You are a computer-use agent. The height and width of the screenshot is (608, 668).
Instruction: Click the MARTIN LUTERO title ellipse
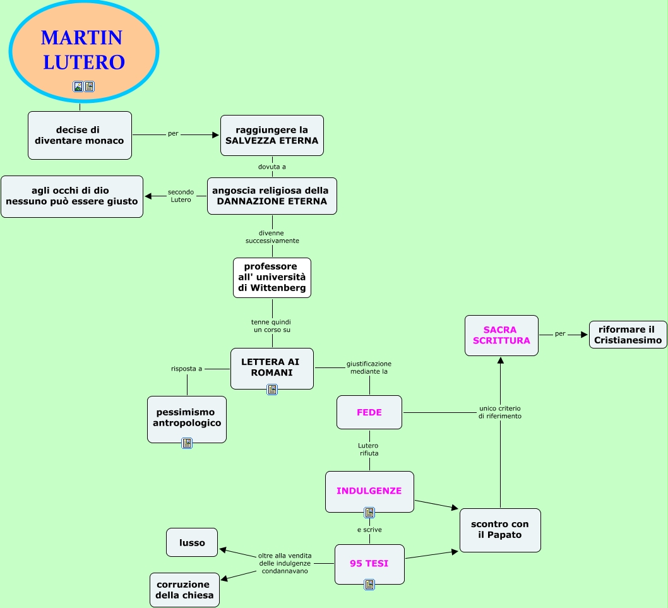coord(83,51)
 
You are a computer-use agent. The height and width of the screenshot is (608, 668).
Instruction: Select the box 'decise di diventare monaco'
coord(80,135)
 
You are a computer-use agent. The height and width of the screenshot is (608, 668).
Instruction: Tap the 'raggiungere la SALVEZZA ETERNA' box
coord(271,135)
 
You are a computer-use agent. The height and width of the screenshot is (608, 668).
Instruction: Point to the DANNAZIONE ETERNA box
coord(271,196)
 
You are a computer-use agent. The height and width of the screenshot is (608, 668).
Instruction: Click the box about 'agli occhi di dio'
coord(72,196)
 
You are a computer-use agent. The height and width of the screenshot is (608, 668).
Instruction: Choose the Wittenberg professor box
coord(271,277)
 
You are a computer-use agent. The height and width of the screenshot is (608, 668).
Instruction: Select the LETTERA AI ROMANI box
coord(271,367)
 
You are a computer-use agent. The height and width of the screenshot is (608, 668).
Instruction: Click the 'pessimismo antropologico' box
coord(187,418)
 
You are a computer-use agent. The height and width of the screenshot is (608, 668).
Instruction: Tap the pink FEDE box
coord(369,412)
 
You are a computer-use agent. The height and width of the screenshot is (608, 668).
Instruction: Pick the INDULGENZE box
coord(369,491)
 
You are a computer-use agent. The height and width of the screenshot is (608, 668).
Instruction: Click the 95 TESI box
coord(369,563)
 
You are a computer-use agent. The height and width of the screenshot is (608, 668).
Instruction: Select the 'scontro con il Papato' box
coord(500,530)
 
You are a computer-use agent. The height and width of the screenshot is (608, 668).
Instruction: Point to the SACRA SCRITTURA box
coord(501,335)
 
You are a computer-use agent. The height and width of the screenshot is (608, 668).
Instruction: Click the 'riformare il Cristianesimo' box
coord(628,334)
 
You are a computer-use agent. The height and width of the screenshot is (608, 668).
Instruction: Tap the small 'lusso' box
coord(192,542)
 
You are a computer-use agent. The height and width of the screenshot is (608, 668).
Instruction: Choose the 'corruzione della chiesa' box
coord(184,590)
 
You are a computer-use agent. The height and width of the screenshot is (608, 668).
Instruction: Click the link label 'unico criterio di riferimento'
coord(500,412)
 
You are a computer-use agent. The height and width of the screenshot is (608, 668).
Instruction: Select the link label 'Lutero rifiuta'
coord(369,450)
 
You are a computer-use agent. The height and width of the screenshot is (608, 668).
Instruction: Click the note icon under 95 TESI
coord(369,585)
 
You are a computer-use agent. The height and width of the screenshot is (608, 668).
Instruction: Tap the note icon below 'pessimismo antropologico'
coord(187,443)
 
